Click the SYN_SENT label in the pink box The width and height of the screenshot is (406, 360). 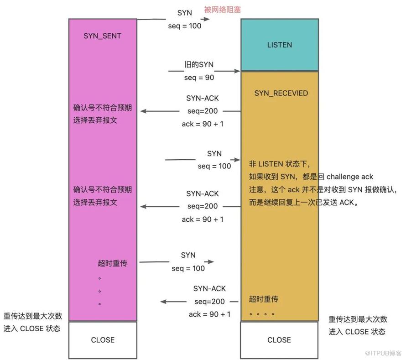tap(102, 36)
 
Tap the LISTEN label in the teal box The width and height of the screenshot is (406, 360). tap(280, 45)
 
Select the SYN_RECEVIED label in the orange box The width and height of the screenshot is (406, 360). tap(281, 93)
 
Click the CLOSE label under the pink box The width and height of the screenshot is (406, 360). tap(103, 340)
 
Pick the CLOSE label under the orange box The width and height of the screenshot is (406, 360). tap(279, 340)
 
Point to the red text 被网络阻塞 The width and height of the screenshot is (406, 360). tap(223, 10)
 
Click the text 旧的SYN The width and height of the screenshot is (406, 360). tap(199, 64)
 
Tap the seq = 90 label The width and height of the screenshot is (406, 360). tap(199, 78)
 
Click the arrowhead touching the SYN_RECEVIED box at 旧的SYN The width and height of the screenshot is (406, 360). tap(237, 71)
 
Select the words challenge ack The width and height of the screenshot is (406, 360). tap(350, 177)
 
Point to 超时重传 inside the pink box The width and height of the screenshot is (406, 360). tap(112, 263)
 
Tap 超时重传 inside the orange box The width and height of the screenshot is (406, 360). tap(264, 299)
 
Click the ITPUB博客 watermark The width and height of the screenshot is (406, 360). tap(383, 353)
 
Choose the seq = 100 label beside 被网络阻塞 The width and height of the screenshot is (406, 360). tap(185, 26)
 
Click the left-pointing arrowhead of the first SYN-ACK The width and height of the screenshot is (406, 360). tap(143, 111)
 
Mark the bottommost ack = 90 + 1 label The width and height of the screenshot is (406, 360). tap(209, 314)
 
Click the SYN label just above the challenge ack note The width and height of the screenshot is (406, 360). tap(214, 154)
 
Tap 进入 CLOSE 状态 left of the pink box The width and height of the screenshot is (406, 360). tap(32, 329)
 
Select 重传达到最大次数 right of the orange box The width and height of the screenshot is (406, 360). tap(358, 319)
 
